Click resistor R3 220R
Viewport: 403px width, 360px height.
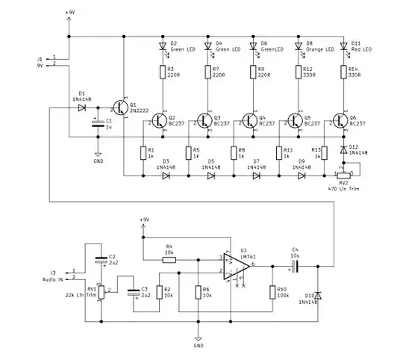tap(163, 72)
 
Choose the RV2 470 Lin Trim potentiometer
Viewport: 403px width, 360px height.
tap(343, 175)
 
